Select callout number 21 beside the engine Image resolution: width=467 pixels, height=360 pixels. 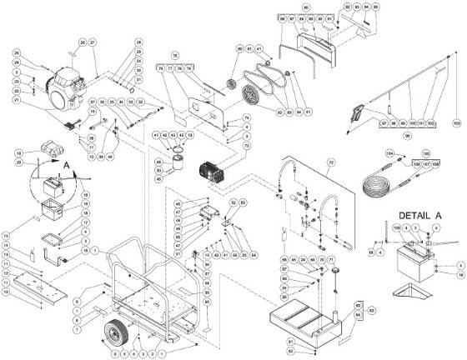pos(14,99)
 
